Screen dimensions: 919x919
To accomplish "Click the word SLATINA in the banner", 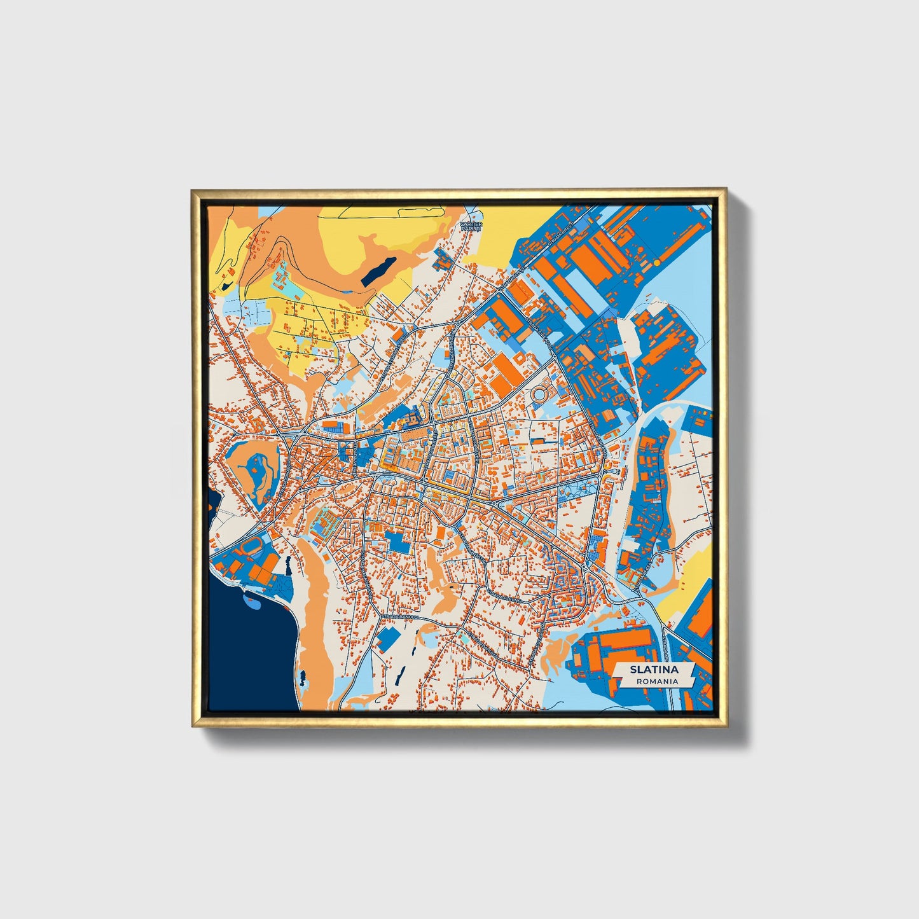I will click(x=654, y=670).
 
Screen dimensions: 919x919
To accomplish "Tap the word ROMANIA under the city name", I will click(x=654, y=681).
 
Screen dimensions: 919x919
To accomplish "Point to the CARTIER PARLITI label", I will click(x=471, y=226).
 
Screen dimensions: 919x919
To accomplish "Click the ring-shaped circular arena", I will click(x=542, y=394).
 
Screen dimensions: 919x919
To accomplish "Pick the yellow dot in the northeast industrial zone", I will click(x=656, y=262).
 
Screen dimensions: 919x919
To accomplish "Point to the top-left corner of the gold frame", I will click(x=193, y=190).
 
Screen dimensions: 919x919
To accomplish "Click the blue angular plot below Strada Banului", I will click(x=389, y=639).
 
